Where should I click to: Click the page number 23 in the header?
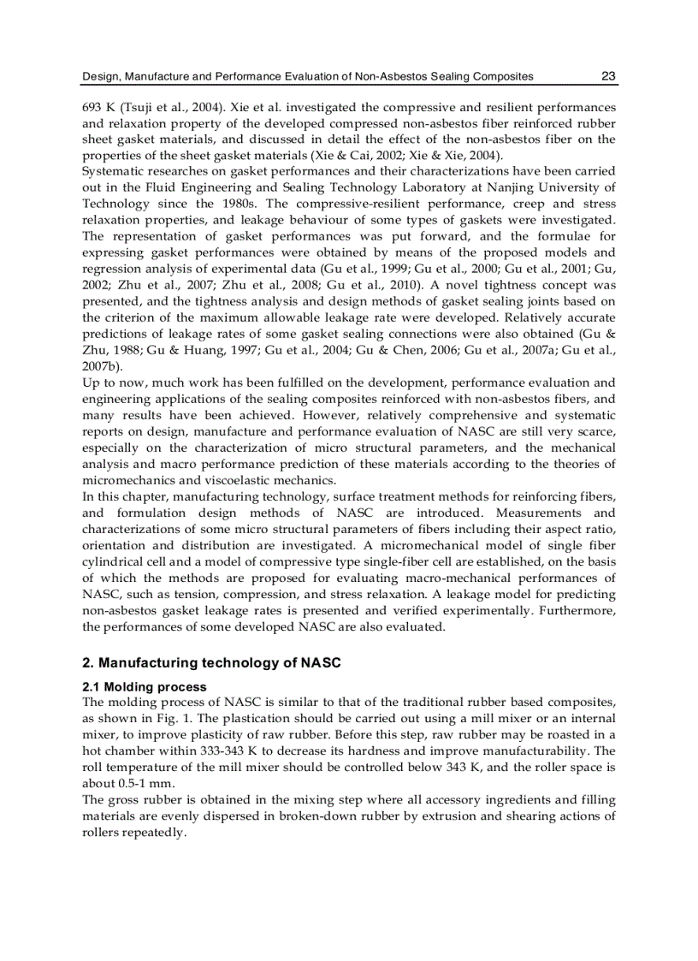pos(608,77)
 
